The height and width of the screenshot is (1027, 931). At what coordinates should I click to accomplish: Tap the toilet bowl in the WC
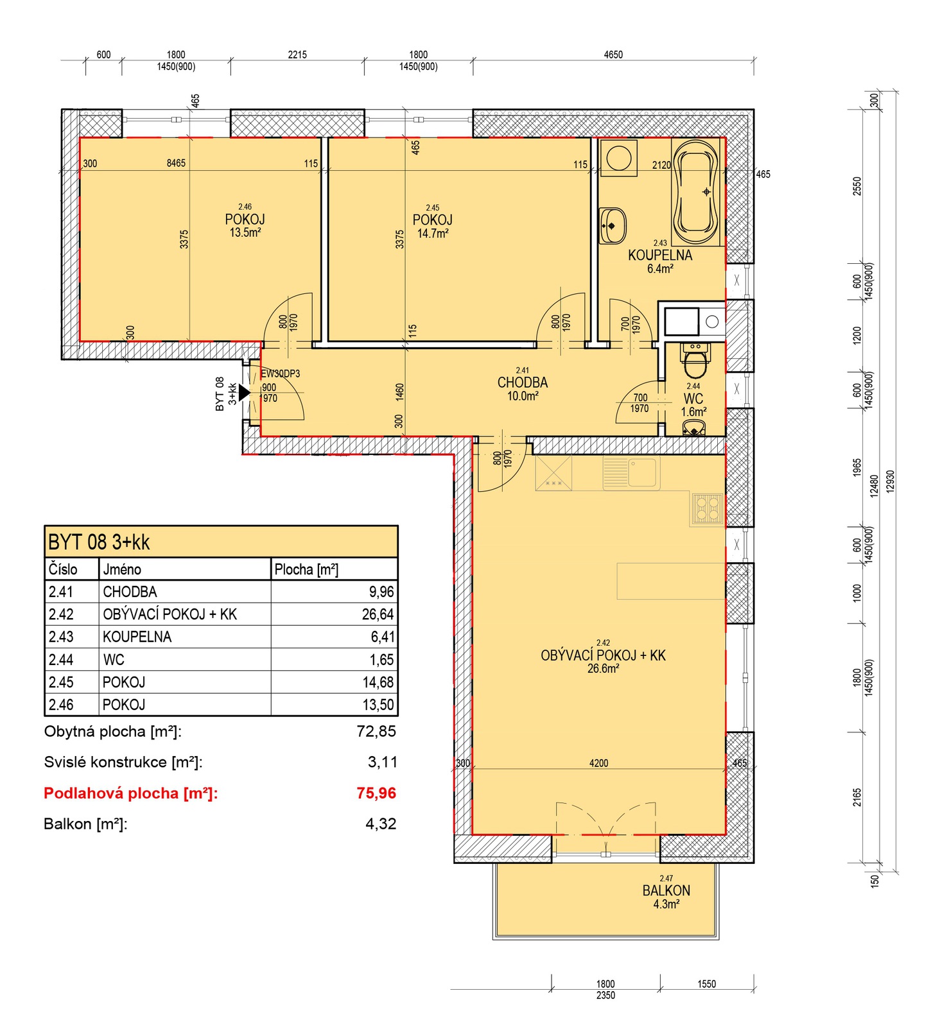pyautogui.click(x=694, y=362)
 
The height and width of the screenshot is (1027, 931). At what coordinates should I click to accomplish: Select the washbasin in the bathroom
pyautogui.click(x=613, y=225)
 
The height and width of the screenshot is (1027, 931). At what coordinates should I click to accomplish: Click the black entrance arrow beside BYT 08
pyautogui.click(x=244, y=392)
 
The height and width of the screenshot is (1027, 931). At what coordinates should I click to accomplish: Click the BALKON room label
pyautogui.click(x=666, y=890)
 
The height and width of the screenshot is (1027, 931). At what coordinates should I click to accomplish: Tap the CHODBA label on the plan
pyautogui.click(x=523, y=383)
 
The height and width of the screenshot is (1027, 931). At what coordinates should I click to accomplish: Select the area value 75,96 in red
pyautogui.click(x=376, y=793)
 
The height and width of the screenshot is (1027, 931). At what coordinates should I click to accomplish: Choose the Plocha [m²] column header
pyautogui.click(x=306, y=569)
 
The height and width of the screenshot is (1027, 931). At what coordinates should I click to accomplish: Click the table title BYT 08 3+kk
pyautogui.click(x=99, y=542)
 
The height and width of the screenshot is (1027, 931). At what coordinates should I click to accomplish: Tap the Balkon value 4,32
pyautogui.click(x=381, y=824)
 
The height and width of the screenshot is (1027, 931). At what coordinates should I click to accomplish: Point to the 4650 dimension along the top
pyautogui.click(x=613, y=55)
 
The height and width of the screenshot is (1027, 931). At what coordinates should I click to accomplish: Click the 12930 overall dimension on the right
pyautogui.click(x=890, y=481)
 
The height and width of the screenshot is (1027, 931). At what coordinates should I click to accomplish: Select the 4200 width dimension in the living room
pyautogui.click(x=598, y=763)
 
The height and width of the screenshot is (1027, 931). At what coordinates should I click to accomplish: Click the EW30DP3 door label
pyautogui.click(x=281, y=374)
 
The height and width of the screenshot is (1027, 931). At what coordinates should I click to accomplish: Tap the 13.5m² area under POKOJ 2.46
pyautogui.click(x=245, y=232)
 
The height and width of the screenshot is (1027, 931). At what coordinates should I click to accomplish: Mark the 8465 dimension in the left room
pyautogui.click(x=176, y=163)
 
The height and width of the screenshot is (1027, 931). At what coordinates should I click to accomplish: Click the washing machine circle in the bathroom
pyautogui.click(x=619, y=158)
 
